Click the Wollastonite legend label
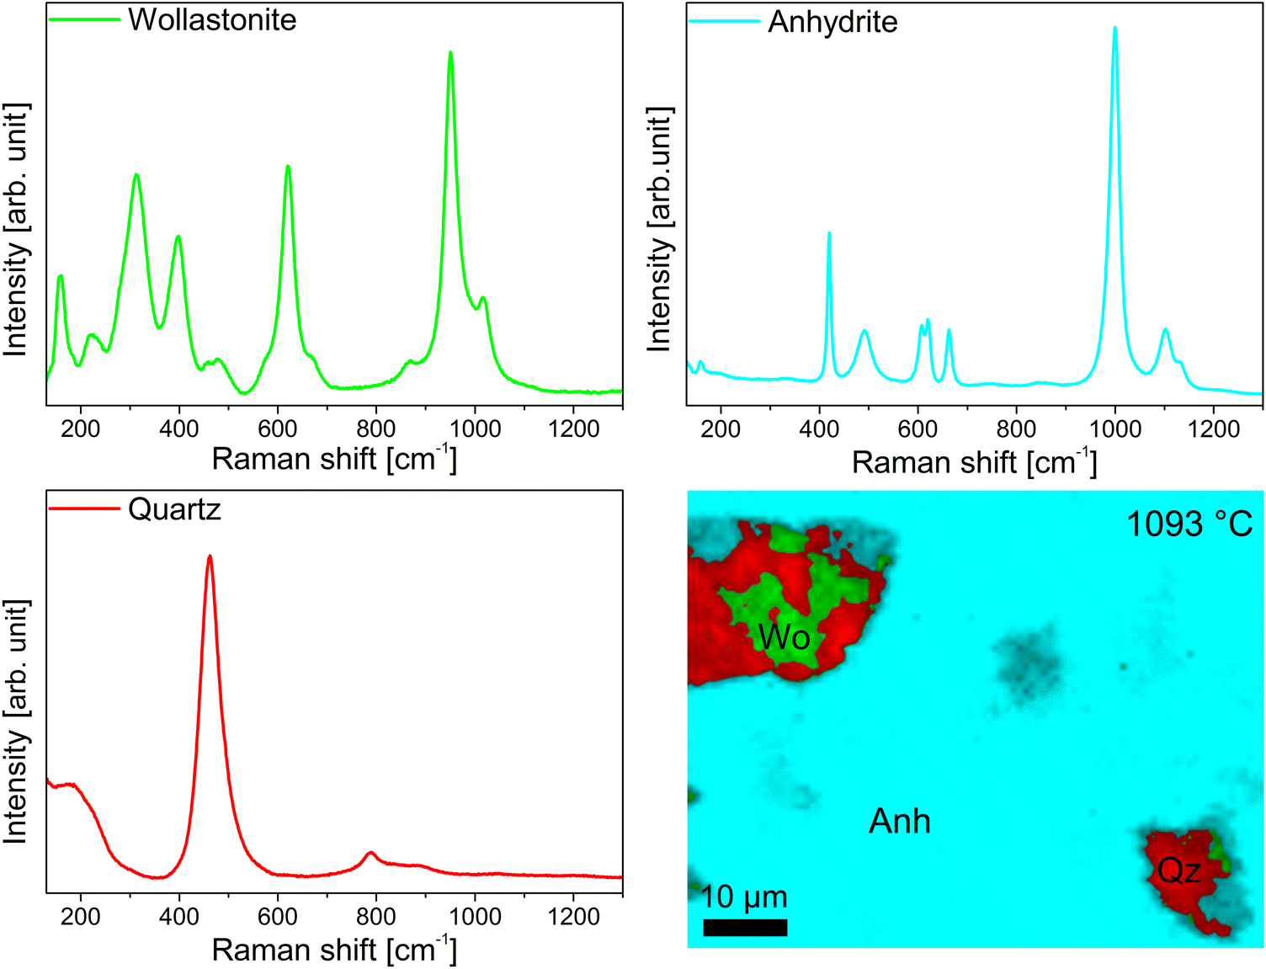(x=212, y=19)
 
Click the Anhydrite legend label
(x=832, y=22)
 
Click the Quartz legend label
(x=174, y=509)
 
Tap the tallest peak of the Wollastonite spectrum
(x=450, y=54)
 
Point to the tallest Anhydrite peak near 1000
(x=1114, y=29)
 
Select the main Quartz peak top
(x=210, y=556)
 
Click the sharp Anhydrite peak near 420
(x=829, y=234)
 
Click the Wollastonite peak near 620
(x=288, y=167)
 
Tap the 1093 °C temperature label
(x=1189, y=524)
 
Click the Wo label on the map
(x=783, y=637)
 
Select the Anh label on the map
(x=899, y=821)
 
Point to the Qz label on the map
(x=1178, y=871)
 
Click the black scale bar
(x=745, y=927)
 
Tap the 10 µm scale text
(x=744, y=897)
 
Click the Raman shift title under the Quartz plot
(x=333, y=950)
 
